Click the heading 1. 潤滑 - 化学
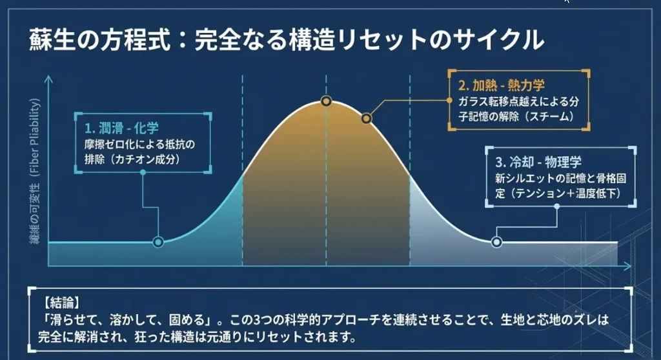point(121,128)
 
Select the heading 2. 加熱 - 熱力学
point(502,86)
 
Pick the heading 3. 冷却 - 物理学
point(538,162)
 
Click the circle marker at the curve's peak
point(326,101)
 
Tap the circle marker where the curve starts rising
point(158,242)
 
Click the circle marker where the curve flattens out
point(496,242)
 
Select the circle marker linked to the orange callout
point(367,119)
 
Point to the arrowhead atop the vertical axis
point(49,79)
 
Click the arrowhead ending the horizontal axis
point(627,266)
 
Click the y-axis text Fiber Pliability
point(36,137)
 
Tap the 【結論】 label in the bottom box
point(61,303)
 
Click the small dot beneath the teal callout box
point(143,172)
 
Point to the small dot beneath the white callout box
point(557,206)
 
